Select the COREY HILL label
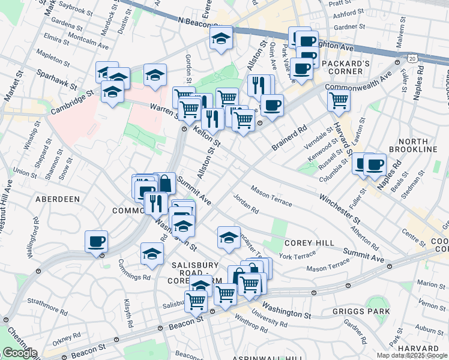tap(304, 243)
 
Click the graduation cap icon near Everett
tap(221, 39)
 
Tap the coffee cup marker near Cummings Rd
tap(96, 241)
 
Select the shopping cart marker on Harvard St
tap(339, 101)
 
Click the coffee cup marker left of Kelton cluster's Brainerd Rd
tap(272, 105)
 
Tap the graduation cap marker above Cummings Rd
tap(152, 253)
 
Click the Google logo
tap(20, 353)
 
